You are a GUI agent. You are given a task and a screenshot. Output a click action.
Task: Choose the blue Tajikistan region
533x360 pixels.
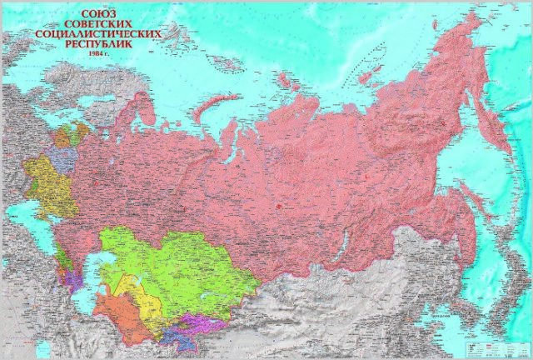pos(178,338)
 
